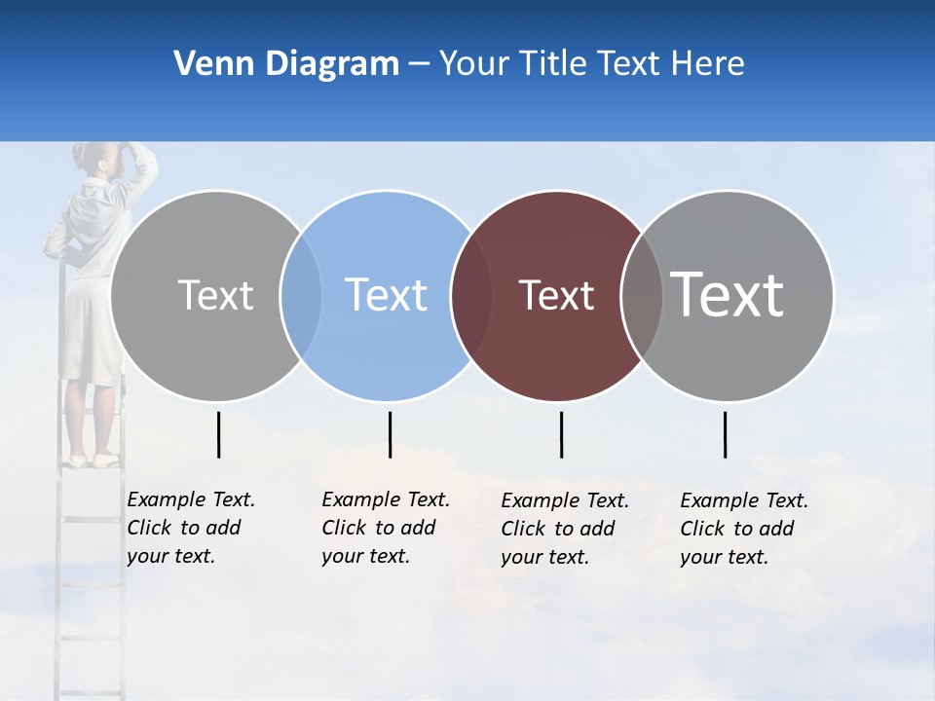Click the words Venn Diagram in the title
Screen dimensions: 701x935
pyautogui.click(x=286, y=63)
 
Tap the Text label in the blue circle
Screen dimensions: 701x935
pyautogui.click(x=386, y=295)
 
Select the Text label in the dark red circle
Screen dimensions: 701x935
pyautogui.click(x=556, y=295)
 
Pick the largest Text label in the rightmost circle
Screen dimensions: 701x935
pyautogui.click(x=728, y=294)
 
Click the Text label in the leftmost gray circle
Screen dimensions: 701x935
pyautogui.click(x=215, y=295)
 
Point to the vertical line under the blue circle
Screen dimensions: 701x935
pyautogui.click(x=390, y=434)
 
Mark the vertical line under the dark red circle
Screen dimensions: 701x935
pyautogui.click(x=561, y=434)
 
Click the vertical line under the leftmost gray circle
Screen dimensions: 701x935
pyautogui.click(x=218, y=434)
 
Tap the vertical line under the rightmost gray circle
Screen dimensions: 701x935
pyautogui.click(x=725, y=434)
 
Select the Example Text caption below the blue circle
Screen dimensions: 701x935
pyautogui.click(x=385, y=528)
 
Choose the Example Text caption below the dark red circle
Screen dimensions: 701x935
pyautogui.click(x=564, y=529)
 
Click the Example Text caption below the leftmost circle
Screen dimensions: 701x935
pyautogui.click(x=190, y=528)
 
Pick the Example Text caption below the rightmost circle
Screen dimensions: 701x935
pyautogui.click(x=743, y=529)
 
